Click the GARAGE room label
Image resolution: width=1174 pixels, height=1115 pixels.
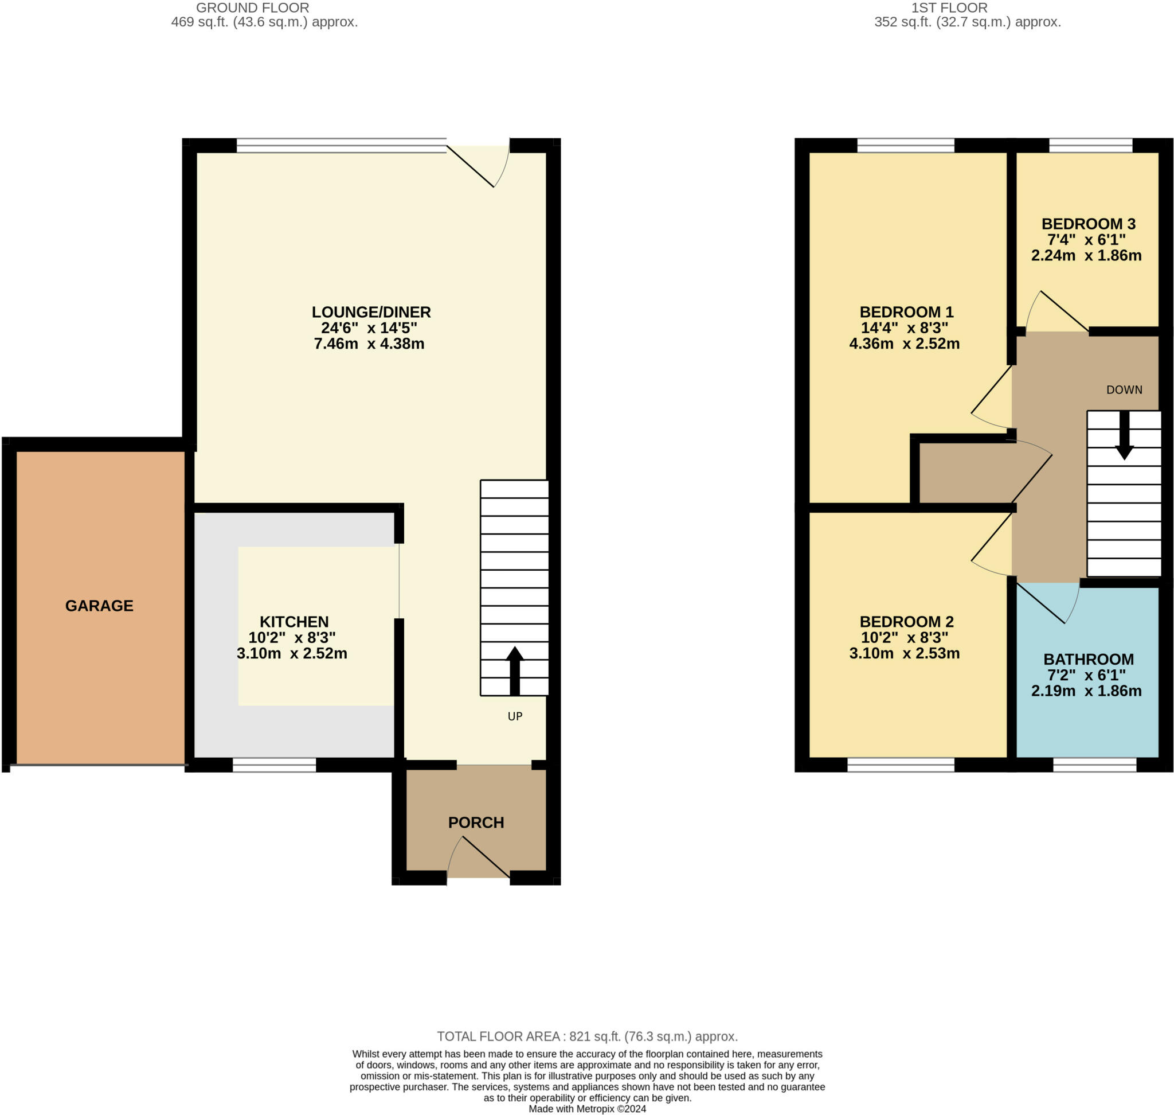click(x=99, y=606)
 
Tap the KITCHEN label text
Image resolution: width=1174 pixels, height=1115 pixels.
click(x=294, y=622)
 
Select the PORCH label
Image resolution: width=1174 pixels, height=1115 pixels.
click(x=476, y=822)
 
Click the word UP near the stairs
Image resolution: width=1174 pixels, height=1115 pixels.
click(x=515, y=716)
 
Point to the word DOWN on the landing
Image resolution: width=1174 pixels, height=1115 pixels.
click(x=1124, y=390)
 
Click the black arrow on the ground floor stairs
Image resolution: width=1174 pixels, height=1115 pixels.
click(x=515, y=670)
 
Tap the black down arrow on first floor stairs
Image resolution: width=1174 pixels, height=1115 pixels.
click(x=1124, y=436)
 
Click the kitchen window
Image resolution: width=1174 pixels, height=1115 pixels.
click(x=274, y=765)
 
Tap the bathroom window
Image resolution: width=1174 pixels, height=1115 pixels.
click(x=1094, y=765)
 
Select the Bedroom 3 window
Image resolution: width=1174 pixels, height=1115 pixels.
click(x=1091, y=146)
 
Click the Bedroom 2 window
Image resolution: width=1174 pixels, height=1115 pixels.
click(x=901, y=765)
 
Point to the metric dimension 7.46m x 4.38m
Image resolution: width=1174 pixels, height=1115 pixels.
click(x=369, y=344)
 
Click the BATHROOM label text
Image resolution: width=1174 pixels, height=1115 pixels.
click(x=1089, y=659)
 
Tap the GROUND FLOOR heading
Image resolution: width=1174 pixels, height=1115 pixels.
click(x=252, y=7)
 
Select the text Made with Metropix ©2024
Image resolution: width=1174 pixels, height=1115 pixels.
click(x=587, y=1109)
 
